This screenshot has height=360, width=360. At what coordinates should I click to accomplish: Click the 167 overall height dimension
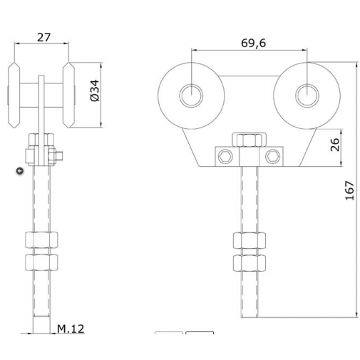click(x=349, y=188)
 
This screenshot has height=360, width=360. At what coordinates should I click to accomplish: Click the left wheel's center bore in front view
click(x=191, y=95)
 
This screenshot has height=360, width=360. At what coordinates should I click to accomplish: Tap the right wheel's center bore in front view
click(x=307, y=95)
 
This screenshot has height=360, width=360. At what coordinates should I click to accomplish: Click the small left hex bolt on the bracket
click(x=225, y=156)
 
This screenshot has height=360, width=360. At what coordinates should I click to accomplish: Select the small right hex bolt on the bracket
click(x=273, y=156)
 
